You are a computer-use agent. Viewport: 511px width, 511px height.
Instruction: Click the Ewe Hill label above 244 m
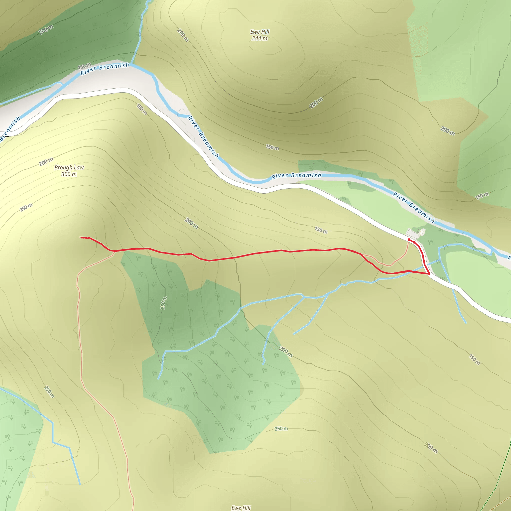coord(260,32)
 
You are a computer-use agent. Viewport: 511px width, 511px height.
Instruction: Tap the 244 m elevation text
coord(259,39)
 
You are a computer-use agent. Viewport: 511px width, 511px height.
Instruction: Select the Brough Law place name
coord(69,167)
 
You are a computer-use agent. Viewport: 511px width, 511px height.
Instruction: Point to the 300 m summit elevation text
coord(69,174)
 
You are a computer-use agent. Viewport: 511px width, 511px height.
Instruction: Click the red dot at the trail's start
coord(409,240)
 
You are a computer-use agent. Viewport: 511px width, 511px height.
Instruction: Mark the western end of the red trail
coord(81,238)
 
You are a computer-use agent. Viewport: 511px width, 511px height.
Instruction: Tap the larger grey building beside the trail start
coord(413,233)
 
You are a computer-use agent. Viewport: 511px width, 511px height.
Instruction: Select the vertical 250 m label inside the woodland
coord(164,303)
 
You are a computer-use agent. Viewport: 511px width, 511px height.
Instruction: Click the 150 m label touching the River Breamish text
coord(84,66)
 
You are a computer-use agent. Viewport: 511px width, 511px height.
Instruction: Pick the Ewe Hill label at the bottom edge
coord(241,508)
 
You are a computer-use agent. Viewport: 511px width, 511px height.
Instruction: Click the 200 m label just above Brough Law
coord(46,162)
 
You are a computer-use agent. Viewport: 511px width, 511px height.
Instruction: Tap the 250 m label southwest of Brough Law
coord(26,207)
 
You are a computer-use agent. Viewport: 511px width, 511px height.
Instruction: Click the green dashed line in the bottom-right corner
coord(494,489)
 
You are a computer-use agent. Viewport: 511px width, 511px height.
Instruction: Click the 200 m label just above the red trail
coord(191,223)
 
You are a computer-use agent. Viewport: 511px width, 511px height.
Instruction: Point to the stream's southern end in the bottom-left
coord(80,485)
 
